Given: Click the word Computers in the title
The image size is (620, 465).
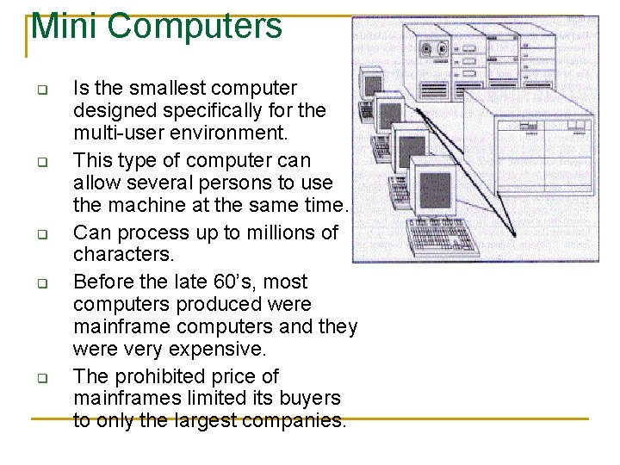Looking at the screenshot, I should tap(195, 26).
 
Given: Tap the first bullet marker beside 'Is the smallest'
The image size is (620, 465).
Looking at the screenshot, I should tap(40, 90).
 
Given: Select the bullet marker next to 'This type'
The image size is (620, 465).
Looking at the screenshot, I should tap(40, 162).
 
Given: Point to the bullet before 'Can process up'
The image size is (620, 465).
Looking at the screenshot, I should tap(40, 234).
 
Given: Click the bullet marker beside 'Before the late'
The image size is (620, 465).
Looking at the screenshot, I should tap(40, 282).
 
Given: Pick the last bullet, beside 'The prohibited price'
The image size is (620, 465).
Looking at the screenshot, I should tap(40, 377).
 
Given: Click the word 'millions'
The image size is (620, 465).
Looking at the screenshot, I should tap(277, 232).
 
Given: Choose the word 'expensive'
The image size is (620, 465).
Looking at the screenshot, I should tap(223, 350).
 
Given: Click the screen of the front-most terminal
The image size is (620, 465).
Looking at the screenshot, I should tap(434, 190).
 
